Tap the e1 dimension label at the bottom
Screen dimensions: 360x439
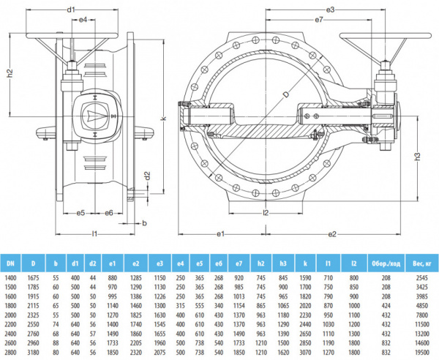click(x=219, y=234)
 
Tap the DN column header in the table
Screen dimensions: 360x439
click(x=10, y=263)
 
